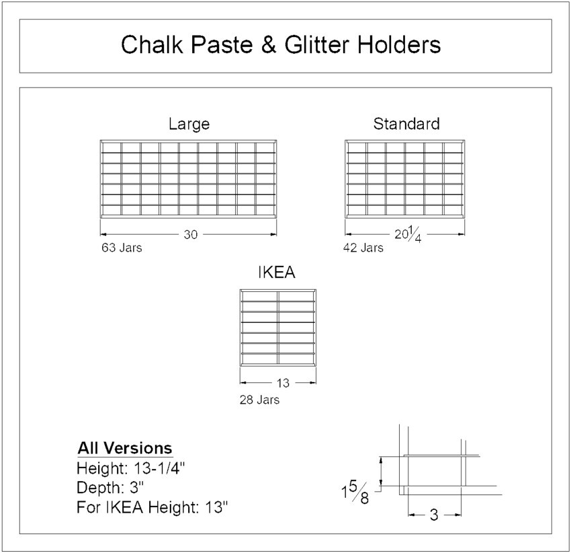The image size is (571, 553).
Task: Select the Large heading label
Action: click(189, 124)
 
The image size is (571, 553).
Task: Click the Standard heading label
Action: click(406, 124)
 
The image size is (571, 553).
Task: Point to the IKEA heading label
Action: click(277, 273)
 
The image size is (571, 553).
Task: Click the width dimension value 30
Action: click(190, 234)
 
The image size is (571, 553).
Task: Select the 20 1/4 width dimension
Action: click(407, 235)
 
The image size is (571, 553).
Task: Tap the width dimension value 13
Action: click(283, 383)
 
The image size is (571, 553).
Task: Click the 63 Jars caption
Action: click(121, 248)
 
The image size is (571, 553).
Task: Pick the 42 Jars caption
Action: click(363, 248)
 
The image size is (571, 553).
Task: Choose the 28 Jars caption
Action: click(259, 400)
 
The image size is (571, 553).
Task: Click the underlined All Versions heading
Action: click(125, 449)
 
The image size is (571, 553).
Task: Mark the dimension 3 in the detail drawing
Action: click(433, 516)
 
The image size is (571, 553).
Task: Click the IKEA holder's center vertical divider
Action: click(277, 328)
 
